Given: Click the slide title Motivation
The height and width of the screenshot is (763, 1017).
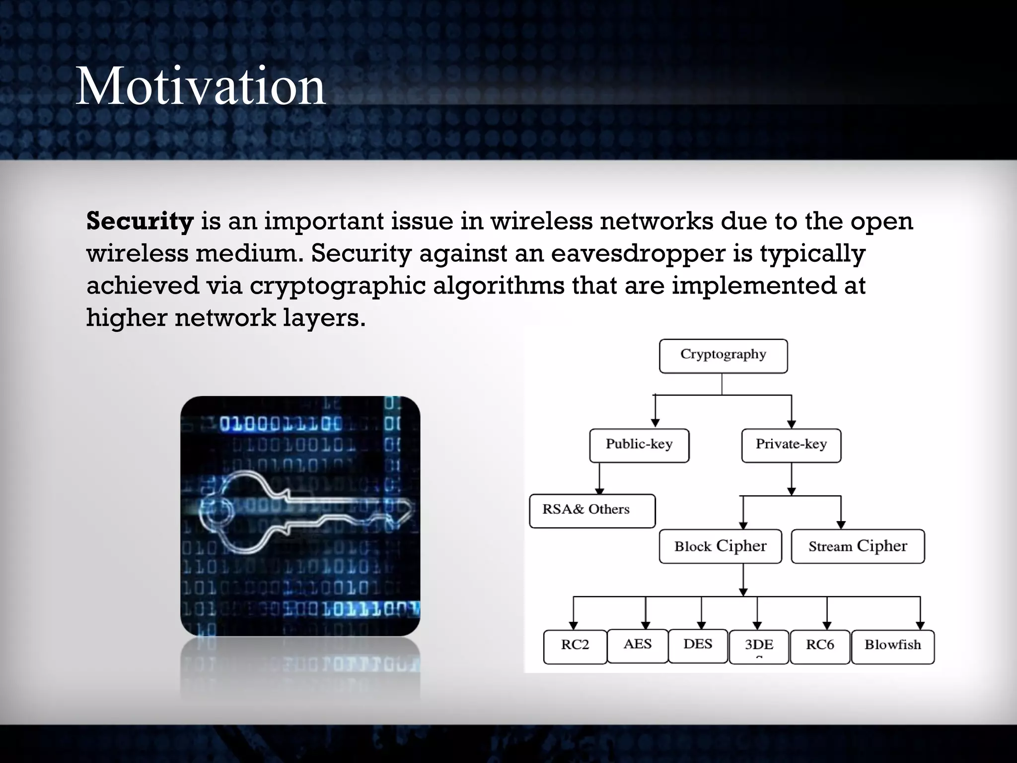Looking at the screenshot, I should click(x=200, y=86).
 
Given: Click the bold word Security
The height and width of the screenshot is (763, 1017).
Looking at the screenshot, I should click(x=140, y=221).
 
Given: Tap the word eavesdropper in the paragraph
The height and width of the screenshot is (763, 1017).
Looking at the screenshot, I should click(x=638, y=253).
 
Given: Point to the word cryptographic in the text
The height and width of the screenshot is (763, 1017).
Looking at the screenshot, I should click(x=338, y=286).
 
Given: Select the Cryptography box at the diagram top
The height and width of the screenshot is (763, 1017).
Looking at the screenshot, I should click(x=723, y=356).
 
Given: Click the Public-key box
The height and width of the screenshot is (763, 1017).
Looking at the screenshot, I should click(x=639, y=445).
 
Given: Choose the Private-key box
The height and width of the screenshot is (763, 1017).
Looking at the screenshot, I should click(x=791, y=445).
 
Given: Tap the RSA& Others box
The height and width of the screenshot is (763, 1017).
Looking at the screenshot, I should click(x=592, y=511).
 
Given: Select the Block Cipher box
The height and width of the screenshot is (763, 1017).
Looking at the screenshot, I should click(x=720, y=546).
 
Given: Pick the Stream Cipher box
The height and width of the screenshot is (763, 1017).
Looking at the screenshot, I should click(x=858, y=546).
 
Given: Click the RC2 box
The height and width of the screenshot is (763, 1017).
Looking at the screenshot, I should click(x=575, y=646).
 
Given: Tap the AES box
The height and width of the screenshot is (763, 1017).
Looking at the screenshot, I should click(x=638, y=646).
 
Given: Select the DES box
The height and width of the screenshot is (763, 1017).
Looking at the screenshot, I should click(x=698, y=646).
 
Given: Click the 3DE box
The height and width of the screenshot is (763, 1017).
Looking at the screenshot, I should click(x=759, y=646).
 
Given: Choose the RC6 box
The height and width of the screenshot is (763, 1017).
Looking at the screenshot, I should click(x=820, y=646).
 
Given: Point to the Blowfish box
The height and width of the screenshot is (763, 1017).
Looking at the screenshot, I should click(x=892, y=646).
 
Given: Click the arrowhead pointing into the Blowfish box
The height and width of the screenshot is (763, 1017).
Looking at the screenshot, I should click(x=920, y=625).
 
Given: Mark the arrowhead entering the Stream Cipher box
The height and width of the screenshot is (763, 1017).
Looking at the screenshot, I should click(x=841, y=525).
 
